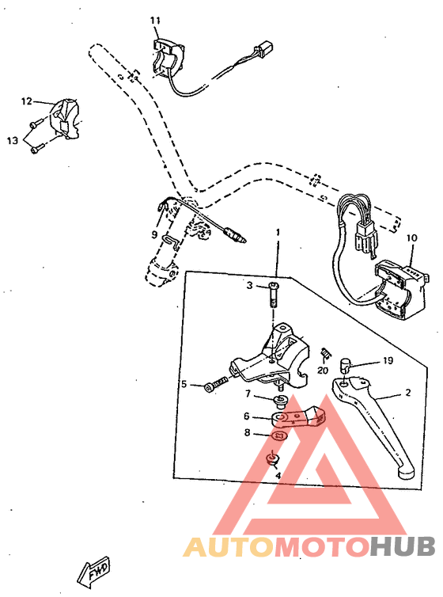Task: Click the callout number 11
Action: [x=155, y=20]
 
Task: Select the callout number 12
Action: [x=26, y=101]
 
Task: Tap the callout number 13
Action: [x=12, y=140]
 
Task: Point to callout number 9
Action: [x=155, y=234]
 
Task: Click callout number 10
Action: [x=411, y=238]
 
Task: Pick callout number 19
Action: [x=388, y=360]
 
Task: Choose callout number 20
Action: [x=322, y=370]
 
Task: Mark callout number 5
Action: [x=184, y=384]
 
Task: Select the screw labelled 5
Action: [x=214, y=383]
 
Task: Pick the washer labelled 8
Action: [x=276, y=435]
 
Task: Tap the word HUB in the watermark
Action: [x=403, y=546]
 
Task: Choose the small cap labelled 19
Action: [x=346, y=366]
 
